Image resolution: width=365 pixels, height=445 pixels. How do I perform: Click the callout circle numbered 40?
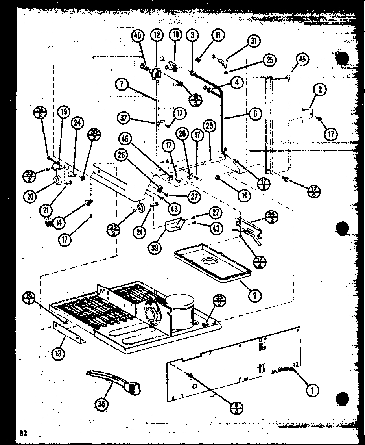click(x=137, y=35)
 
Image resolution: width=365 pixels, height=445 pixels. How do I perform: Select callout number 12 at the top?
click(x=156, y=35)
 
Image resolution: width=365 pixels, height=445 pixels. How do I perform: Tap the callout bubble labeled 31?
click(x=254, y=41)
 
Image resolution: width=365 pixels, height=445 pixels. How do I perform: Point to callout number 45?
click(x=302, y=59)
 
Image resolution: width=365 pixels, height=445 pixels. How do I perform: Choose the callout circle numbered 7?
click(x=122, y=83)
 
